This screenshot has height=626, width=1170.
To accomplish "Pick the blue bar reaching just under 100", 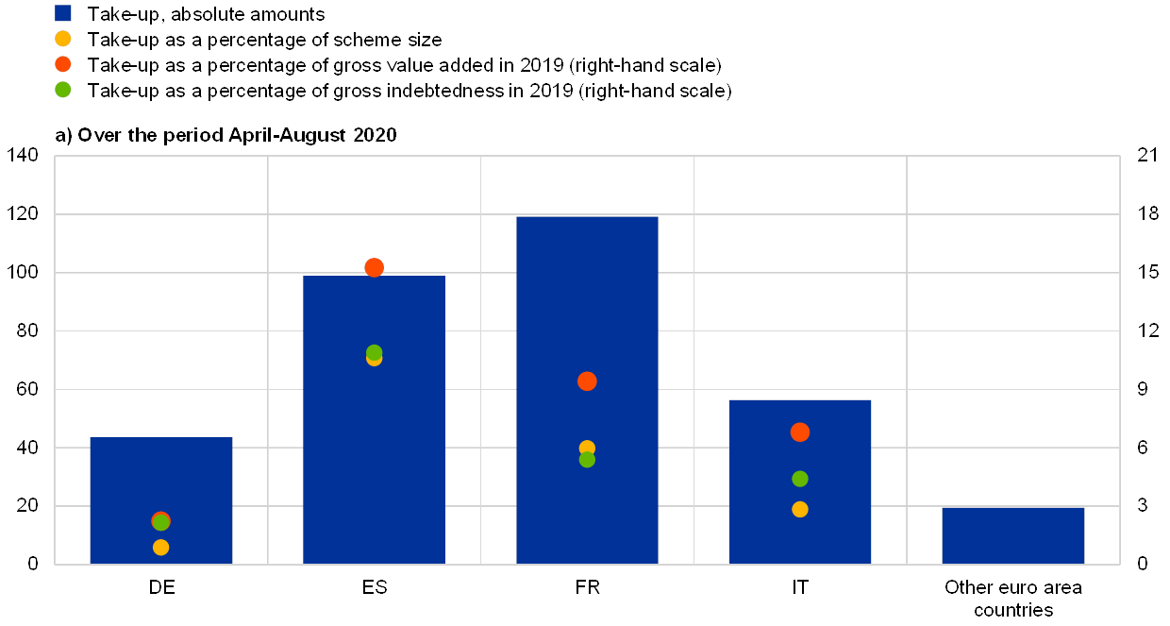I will click(x=374, y=444).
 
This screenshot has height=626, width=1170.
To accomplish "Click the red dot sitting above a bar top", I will click(x=374, y=267).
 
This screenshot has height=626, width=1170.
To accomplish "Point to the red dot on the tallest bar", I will click(x=587, y=381).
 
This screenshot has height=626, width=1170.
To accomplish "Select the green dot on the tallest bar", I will click(x=587, y=460).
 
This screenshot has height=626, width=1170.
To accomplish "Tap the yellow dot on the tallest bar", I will click(x=587, y=448).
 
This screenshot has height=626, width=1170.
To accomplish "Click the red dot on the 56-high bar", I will click(x=800, y=432).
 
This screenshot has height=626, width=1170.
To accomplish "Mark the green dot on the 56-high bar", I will click(x=800, y=479).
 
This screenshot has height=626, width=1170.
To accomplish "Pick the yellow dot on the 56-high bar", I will click(x=800, y=509).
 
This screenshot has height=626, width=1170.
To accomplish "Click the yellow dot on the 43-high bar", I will click(x=161, y=548).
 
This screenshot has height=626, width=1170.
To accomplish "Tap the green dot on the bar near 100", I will click(x=375, y=352).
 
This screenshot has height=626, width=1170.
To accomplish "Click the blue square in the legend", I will click(x=63, y=13).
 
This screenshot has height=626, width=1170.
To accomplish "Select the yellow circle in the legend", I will click(x=63, y=39).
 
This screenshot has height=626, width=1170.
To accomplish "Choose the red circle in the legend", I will click(x=63, y=64).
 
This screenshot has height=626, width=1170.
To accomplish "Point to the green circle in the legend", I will click(x=63, y=90).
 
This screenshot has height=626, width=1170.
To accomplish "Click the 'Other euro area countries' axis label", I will click(x=1013, y=599).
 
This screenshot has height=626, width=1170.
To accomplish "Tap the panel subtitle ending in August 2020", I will click(x=226, y=135).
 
